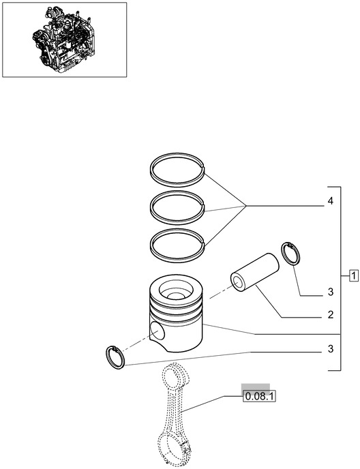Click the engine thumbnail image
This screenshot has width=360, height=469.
(64, 39)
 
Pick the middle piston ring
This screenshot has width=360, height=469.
(177, 202)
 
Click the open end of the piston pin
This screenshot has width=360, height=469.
(240, 280)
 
